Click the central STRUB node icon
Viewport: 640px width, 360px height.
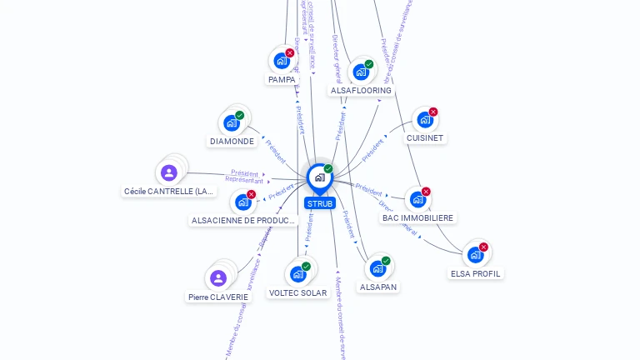(x=319, y=177)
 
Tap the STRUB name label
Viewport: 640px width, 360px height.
(x=320, y=203)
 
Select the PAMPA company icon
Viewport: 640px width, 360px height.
(x=282, y=61)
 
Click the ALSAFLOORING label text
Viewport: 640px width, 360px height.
(x=361, y=90)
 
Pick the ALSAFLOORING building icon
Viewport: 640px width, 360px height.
(x=361, y=72)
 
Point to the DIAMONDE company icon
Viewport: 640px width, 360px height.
(x=232, y=123)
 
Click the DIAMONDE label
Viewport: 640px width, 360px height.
(x=232, y=142)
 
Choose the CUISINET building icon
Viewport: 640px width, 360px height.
(x=425, y=119)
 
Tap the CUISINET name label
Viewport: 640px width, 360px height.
(x=425, y=138)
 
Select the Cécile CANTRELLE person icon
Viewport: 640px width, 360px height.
(x=169, y=172)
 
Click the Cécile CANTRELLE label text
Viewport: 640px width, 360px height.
(x=169, y=192)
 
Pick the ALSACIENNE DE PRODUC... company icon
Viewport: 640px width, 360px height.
(x=242, y=202)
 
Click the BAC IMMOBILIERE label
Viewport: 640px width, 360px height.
(x=418, y=218)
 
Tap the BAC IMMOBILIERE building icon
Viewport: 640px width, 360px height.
(x=417, y=199)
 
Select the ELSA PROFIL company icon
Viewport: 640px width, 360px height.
(x=475, y=254)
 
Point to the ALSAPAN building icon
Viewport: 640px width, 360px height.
(x=377, y=268)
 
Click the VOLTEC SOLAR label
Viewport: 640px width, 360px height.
(x=297, y=293)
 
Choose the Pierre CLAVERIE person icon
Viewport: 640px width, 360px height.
(x=218, y=277)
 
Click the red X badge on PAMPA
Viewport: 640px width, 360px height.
(x=290, y=53)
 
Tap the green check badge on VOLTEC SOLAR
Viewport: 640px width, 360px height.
(x=306, y=267)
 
